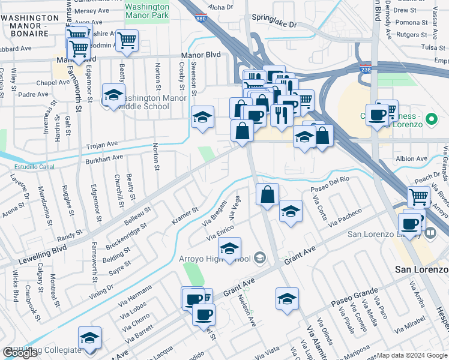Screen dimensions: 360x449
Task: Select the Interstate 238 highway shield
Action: point(365,70)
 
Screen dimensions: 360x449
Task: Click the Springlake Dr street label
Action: point(274,25)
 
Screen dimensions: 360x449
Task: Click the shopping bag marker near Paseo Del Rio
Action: point(267,194)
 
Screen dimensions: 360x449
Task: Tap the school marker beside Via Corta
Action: point(291,212)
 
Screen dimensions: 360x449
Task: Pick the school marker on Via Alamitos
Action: point(287,299)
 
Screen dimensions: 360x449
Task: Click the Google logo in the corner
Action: point(20,353)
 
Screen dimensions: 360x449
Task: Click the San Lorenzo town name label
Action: point(421,269)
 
